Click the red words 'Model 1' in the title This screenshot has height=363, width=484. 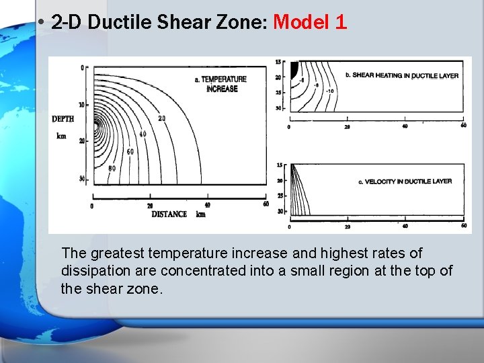point(310,23)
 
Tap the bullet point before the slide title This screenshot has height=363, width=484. point(42,23)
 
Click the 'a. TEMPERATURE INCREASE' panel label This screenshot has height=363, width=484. point(221,84)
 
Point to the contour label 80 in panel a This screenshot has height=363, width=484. point(112,168)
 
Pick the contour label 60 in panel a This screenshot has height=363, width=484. point(130,152)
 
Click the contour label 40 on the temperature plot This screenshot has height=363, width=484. point(143,134)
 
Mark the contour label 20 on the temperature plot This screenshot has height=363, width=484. point(161,118)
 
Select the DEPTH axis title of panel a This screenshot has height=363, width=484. point(63,119)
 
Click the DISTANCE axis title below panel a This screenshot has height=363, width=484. point(169,214)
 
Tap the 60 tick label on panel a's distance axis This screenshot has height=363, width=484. point(266,204)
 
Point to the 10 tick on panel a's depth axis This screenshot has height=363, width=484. point(82,104)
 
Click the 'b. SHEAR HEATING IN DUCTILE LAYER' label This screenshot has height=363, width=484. point(401,75)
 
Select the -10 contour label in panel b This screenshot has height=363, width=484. point(329,91)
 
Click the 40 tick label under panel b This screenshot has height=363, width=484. point(405,126)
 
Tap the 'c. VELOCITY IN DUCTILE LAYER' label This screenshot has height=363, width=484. point(404,181)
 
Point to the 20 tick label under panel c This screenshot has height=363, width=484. point(347,227)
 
